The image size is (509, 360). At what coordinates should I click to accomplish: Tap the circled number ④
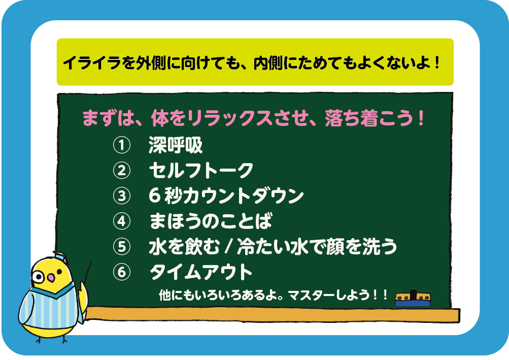click(x=120, y=221)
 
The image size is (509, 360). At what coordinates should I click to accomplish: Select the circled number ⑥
click(x=120, y=273)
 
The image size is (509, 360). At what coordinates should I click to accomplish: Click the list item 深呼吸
click(x=175, y=146)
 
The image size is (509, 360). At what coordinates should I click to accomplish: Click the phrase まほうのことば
click(x=210, y=221)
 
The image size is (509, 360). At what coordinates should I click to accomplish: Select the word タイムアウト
click(x=201, y=273)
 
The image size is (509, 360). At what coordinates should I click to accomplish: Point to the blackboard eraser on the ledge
click(x=412, y=298)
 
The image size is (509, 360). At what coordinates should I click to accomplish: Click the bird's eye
click(x=38, y=277)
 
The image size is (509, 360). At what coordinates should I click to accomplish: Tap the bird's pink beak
click(x=50, y=278)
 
